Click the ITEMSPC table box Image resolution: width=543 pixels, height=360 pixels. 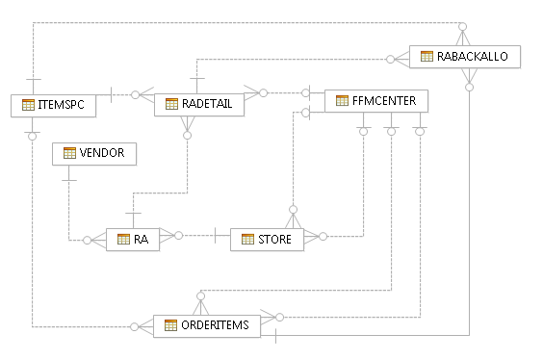(54, 105)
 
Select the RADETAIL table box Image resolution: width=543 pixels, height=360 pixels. (198, 104)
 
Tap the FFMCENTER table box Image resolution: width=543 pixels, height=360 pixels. (370, 100)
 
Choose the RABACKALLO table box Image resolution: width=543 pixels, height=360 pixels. (465, 57)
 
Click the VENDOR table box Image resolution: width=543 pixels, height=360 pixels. (94, 153)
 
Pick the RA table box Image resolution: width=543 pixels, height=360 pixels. (133, 239)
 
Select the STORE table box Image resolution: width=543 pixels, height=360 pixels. (267, 239)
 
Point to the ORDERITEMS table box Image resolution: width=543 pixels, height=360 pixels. (207, 325)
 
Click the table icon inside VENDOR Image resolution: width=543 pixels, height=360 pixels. (69, 153)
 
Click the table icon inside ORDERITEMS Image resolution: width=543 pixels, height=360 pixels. (170, 325)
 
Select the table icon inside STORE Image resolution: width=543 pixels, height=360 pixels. (247, 239)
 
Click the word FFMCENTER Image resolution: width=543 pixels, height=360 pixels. (377, 100)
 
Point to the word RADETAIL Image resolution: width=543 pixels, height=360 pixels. (207, 104)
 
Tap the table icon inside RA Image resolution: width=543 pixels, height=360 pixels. (123, 239)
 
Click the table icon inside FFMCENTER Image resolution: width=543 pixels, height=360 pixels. (342, 100)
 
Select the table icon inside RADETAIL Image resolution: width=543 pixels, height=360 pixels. (171, 104)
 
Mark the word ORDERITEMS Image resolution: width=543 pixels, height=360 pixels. (215, 325)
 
